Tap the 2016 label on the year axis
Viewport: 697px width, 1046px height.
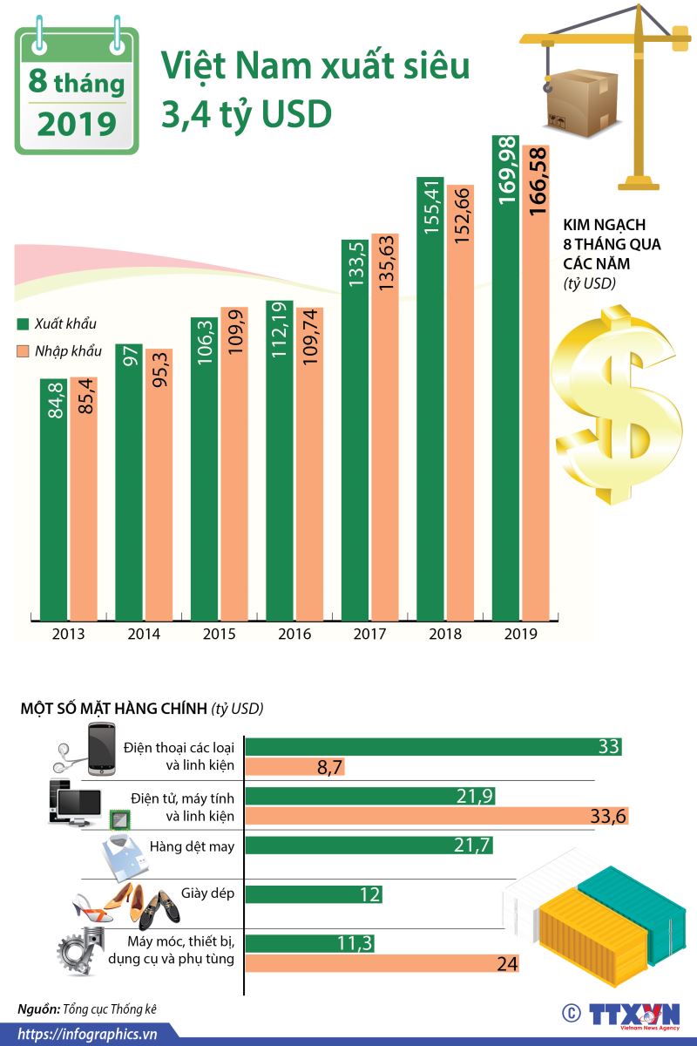tap(294, 634)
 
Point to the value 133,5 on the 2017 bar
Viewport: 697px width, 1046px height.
tap(354, 265)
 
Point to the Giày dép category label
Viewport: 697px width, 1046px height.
tap(208, 893)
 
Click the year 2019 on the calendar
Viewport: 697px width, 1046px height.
tap(76, 123)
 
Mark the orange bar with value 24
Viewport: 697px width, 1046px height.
tap(383, 962)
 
